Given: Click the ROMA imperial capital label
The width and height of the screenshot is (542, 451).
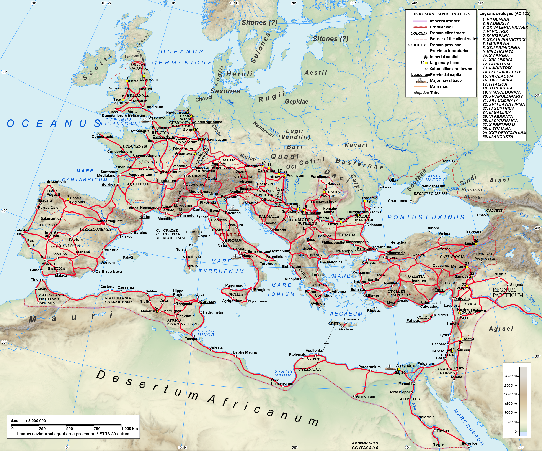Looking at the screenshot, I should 234,241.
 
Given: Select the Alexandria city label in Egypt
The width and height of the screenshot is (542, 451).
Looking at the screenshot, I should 405,365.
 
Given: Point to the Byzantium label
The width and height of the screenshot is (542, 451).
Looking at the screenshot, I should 382,247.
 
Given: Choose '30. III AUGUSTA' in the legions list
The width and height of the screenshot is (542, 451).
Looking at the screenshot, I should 498,137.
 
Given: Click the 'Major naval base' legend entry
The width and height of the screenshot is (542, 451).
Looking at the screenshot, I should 446,80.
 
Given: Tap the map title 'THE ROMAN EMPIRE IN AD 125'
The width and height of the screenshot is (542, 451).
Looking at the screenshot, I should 439,14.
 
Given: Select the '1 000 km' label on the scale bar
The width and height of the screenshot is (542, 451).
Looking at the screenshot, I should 130,428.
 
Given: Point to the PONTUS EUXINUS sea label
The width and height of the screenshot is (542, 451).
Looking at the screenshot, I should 426,217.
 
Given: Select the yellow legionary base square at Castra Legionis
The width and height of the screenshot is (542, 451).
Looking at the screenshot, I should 68,199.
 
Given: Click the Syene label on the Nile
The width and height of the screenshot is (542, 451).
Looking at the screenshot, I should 438,444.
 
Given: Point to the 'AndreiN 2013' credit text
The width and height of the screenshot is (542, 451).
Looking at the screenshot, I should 365,443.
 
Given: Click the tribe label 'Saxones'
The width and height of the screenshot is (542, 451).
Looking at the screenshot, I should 225,91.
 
